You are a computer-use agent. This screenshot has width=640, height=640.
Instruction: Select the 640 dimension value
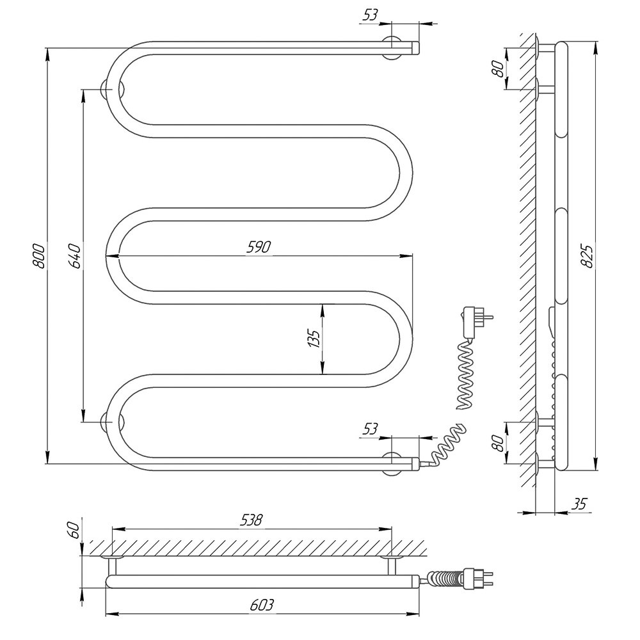coord(75,256)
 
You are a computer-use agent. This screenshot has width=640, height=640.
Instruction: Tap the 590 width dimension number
coord(259,247)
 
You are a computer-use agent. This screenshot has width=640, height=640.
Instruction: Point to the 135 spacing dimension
coord(314,338)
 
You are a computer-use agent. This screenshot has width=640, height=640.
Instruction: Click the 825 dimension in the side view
coord(587,256)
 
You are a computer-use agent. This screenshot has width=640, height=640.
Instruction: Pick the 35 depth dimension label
coord(579,504)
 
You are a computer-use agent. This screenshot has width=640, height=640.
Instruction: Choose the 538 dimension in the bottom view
coord(251,520)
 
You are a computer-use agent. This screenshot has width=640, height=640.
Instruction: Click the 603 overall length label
coord(262,605)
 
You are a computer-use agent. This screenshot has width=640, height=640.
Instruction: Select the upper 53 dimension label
coord(370,15)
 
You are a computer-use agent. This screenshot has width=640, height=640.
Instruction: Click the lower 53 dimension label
coord(370,429)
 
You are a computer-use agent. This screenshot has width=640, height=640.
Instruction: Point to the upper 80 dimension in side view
coord(497,68)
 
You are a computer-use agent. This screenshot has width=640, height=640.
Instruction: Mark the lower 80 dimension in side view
coord(497,443)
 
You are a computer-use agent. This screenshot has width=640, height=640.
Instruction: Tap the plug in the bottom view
coord(477,577)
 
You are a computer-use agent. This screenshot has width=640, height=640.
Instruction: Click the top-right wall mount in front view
coord(392,48)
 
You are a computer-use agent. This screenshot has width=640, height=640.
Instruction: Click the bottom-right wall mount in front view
coord(392,463)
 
